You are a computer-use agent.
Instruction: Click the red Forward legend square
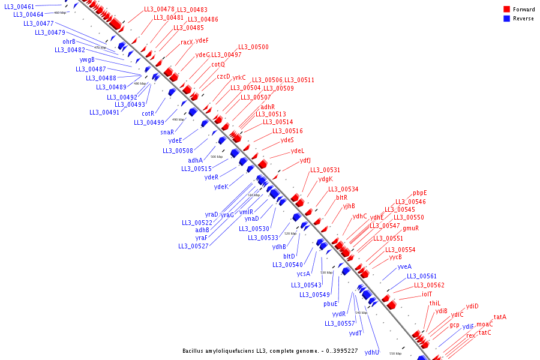click(x=507, y=10)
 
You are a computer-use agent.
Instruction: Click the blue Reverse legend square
click(x=507, y=19)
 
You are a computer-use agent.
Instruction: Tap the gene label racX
click(x=187, y=42)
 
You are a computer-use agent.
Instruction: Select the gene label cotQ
click(x=218, y=64)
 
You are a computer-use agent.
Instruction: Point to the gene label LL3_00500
click(x=253, y=47)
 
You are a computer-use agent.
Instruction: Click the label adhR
click(x=268, y=107)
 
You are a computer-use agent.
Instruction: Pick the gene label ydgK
click(x=325, y=179)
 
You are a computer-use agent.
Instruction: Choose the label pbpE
click(x=420, y=193)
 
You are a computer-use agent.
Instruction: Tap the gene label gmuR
click(x=410, y=228)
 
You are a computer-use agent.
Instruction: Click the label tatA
click(x=500, y=317)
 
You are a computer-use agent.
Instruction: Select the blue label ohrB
click(x=69, y=41)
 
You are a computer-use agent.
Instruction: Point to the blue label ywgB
click(x=87, y=59)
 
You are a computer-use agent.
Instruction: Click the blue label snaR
click(x=167, y=132)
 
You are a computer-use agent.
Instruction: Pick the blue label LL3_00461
click(x=19, y=7)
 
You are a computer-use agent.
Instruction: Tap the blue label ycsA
click(x=304, y=274)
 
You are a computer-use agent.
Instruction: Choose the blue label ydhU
click(x=372, y=353)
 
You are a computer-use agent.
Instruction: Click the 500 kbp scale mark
click(x=217, y=157)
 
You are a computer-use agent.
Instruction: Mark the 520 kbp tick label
click(x=290, y=233)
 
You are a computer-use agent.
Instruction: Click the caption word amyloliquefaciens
click(x=243, y=350)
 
